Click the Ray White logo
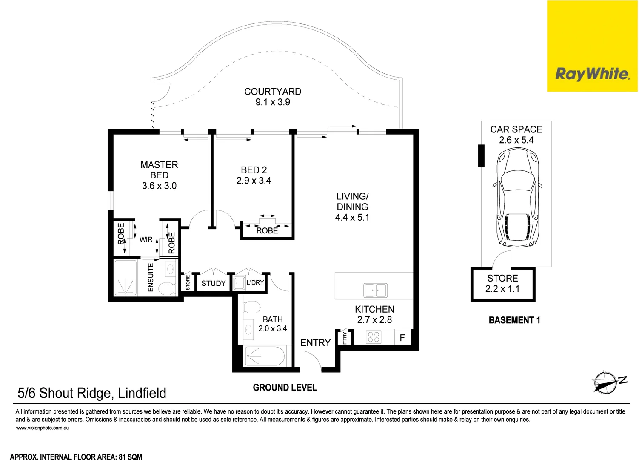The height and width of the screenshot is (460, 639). tap(592, 74)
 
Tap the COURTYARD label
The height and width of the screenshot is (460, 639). tap(273, 92)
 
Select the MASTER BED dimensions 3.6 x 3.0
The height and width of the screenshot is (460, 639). tap(159, 186)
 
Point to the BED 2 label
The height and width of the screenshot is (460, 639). tap(254, 170)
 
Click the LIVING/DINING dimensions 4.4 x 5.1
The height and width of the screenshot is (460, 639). tap(352, 217)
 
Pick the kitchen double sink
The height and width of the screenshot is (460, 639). tap(375, 290)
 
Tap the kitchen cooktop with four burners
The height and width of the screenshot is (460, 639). tap(374, 337)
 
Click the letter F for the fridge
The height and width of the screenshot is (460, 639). tap(402, 338)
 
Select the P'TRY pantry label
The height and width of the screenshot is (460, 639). tap(345, 338)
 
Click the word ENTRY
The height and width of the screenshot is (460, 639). tap(315, 343)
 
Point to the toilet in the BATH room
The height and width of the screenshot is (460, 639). tap(251, 307)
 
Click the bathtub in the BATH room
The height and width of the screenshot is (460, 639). tap(265, 356)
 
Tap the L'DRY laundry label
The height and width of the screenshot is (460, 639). tap(255, 282)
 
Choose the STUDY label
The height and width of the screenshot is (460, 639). tap(214, 283)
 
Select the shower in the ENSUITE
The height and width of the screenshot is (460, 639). tap(126, 278)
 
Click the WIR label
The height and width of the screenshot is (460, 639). tap(146, 239)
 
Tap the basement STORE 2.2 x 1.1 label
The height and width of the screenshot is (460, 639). tap(502, 284)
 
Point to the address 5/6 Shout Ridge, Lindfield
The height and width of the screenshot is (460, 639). tap(92, 393)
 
